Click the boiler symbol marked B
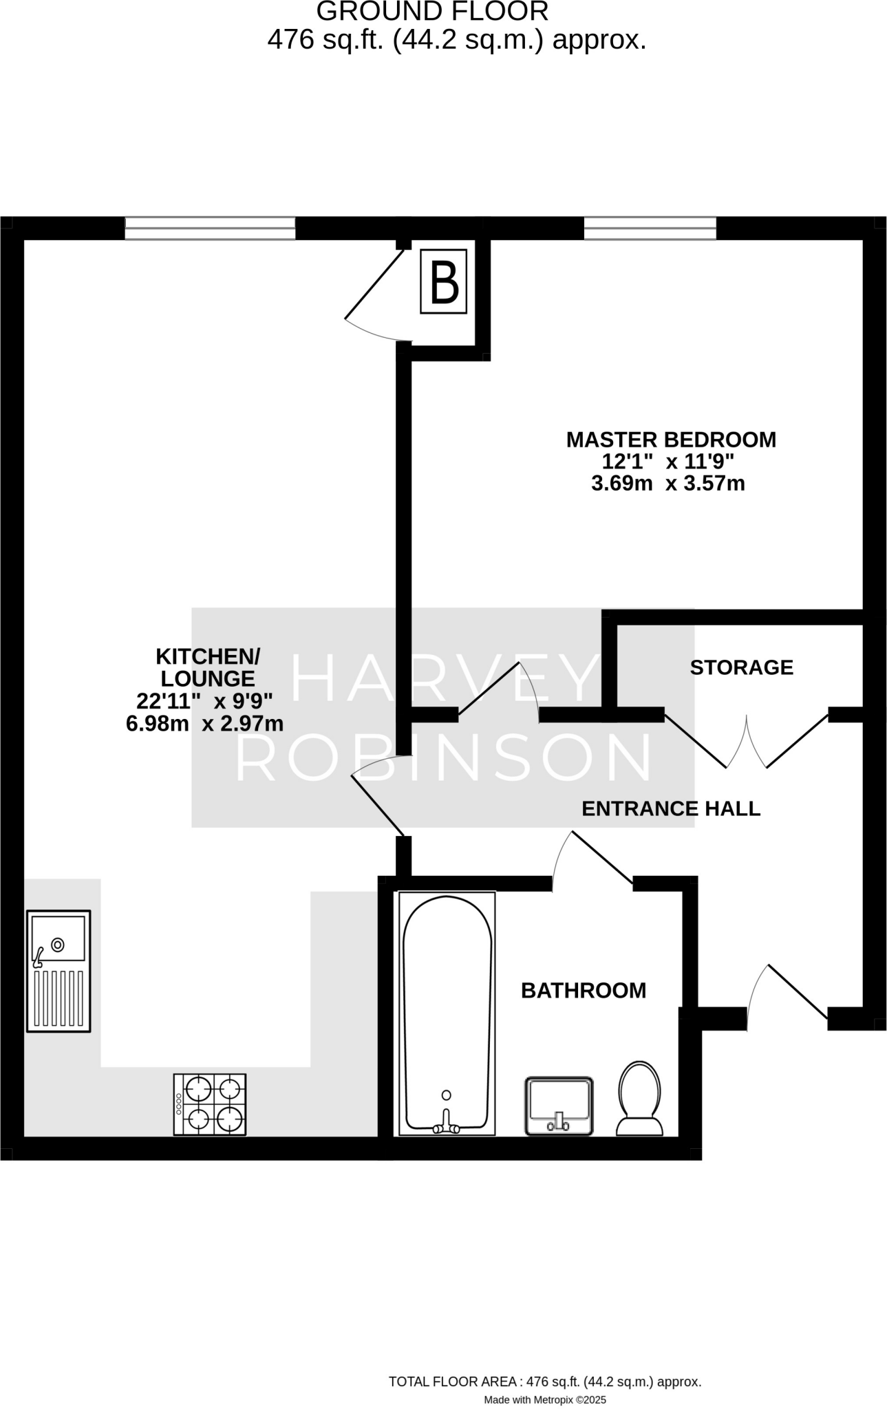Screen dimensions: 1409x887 pyautogui.click(x=444, y=281)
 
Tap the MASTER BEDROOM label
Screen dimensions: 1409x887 pyautogui.click(x=671, y=440)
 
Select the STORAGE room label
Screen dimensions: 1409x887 pyautogui.click(x=741, y=667)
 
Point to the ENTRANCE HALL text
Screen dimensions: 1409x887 pyautogui.click(x=671, y=808)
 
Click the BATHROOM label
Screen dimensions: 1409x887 pyautogui.click(x=584, y=990)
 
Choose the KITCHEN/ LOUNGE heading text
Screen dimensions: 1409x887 pyautogui.click(x=208, y=667)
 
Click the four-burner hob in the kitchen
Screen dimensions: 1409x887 pyautogui.click(x=210, y=1104)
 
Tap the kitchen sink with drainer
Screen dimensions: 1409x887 pyautogui.click(x=58, y=971)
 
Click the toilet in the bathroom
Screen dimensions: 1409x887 pyautogui.click(x=639, y=1097)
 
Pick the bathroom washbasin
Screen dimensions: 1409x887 pyautogui.click(x=559, y=1105)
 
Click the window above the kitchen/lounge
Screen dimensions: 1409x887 pyautogui.click(x=210, y=228)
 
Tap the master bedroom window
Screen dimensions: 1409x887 pyautogui.click(x=650, y=228)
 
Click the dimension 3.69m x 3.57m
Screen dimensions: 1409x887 pyautogui.click(x=667, y=484)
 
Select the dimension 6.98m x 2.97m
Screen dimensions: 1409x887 pyautogui.click(x=205, y=724)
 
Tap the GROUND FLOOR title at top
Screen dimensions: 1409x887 pyautogui.click(x=432, y=12)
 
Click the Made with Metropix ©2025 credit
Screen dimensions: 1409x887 pyautogui.click(x=544, y=1399)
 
